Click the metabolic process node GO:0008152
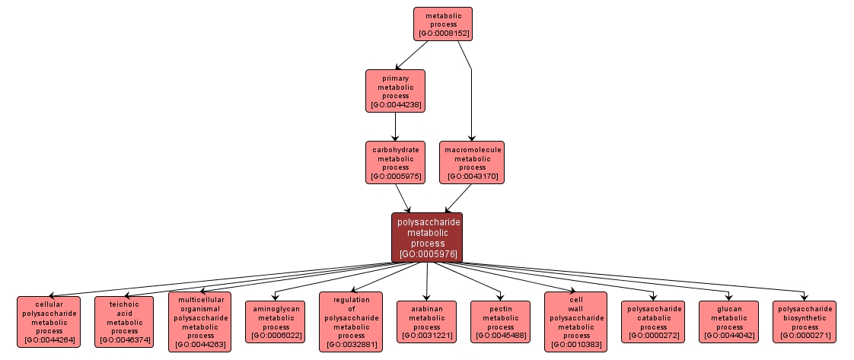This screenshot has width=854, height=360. tap(442, 24)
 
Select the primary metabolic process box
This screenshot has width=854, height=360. tap(395, 91)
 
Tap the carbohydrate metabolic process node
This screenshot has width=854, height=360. tap(395, 163)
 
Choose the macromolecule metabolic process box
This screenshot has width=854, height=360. tap(472, 163)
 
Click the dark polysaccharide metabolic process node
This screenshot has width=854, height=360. tap(427, 237)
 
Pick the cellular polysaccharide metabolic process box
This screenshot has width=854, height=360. tap(49, 321)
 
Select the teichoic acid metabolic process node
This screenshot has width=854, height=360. tap(124, 321)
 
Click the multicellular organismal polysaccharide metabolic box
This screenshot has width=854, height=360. tap(199, 321)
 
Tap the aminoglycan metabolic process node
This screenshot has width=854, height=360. tap(276, 321)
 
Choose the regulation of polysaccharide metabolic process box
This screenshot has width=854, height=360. tap(351, 321)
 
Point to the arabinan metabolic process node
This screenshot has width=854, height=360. tap(426, 321)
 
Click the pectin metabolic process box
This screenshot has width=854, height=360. tap(500, 321)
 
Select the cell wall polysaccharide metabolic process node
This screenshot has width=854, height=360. tap(576, 321)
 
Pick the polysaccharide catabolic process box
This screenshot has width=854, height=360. tap(653, 321)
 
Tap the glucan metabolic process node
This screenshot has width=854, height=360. tap(729, 321)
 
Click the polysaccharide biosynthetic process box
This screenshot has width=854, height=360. tap(805, 321)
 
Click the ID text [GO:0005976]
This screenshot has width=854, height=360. tap(427, 253)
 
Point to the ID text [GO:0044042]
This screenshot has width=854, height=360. tap(729, 336)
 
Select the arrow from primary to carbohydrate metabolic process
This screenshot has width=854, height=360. tap(395, 126)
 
